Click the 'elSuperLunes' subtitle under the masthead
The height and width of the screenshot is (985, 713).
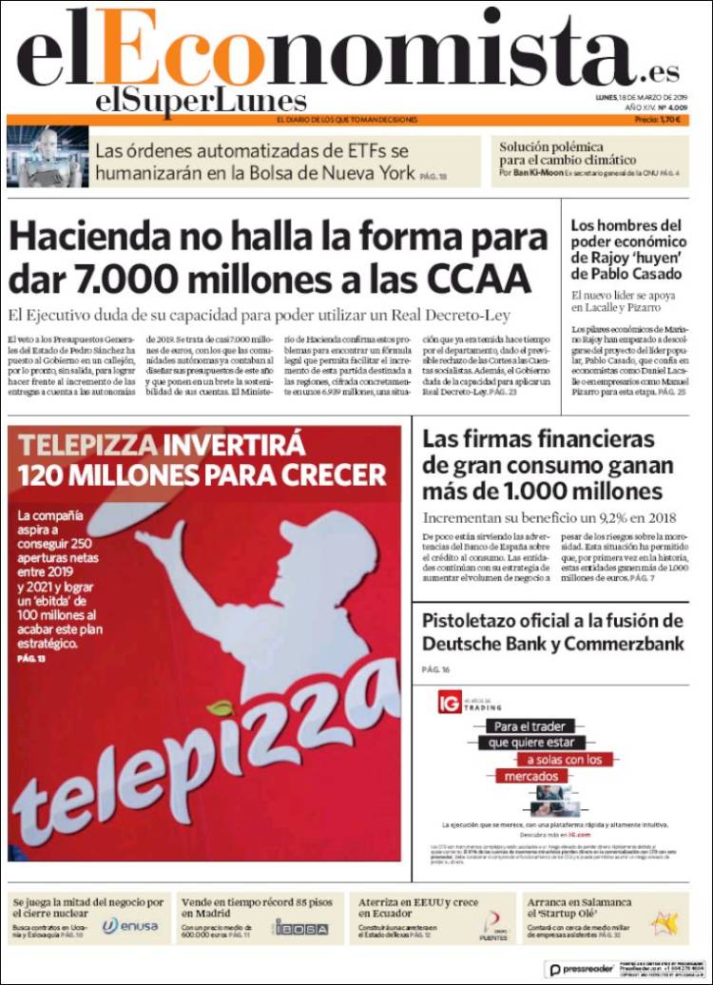(201, 100)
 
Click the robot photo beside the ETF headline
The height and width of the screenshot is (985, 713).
(45, 157)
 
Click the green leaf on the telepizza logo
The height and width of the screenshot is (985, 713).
(221, 709)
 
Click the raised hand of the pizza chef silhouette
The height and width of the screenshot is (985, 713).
(151, 537)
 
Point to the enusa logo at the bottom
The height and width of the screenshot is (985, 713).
(131, 925)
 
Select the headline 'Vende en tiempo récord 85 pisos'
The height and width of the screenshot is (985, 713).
(256, 901)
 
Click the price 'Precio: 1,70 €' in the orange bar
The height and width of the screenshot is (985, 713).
(662, 120)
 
